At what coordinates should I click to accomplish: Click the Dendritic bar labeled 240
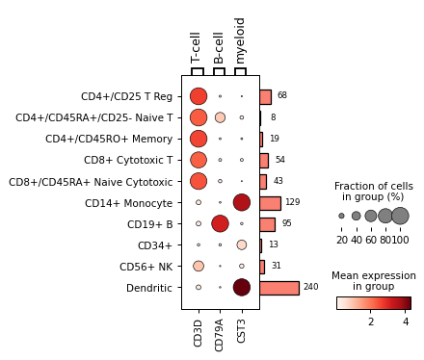(278, 288)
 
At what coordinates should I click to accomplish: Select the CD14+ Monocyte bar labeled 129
(270, 203)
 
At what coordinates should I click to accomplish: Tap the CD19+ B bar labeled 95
(267, 224)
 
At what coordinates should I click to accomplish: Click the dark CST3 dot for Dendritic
(241, 287)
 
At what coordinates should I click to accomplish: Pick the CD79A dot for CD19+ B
(220, 223)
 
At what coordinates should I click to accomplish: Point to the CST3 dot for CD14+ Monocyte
(241, 202)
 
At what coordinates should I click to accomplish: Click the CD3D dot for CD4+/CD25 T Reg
(199, 96)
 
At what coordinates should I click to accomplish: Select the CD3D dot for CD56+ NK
(199, 266)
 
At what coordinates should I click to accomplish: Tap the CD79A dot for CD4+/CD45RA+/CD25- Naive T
(220, 117)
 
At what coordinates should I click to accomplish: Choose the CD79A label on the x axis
(220, 332)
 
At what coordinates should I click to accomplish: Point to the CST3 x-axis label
(241, 330)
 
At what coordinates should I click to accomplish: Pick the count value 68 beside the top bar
(282, 96)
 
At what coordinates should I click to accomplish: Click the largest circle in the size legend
(400, 216)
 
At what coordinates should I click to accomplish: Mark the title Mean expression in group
(373, 280)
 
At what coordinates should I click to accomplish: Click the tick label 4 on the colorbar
(406, 321)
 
